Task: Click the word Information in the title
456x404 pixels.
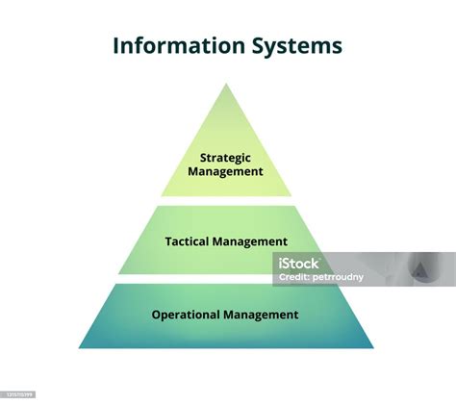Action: coord(179,45)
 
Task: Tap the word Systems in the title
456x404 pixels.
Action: coord(297,46)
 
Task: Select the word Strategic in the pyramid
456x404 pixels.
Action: coord(225,158)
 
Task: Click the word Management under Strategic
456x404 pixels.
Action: coord(225,171)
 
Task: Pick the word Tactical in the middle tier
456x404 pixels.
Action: coord(187,241)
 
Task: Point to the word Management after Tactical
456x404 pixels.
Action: coord(250,241)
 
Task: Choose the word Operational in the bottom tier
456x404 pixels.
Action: coord(186,315)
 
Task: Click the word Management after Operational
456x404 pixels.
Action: coord(261,315)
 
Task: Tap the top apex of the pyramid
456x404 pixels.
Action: coord(226,84)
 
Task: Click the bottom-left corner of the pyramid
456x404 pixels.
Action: coord(80,348)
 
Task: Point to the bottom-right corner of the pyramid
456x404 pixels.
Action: coord(373,348)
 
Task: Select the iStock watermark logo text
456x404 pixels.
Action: coord(298,264)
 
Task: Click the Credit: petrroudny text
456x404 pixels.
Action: coord(321,277)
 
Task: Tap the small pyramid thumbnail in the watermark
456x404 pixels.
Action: coord(418,269)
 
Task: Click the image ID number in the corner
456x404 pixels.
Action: coord(19,394)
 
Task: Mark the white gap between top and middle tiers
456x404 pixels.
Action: coord(226,201)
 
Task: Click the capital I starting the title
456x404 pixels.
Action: coord(116,45)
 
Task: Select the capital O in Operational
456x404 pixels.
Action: coord(156,315)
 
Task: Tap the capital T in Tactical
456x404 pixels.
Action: coord(168,241)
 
